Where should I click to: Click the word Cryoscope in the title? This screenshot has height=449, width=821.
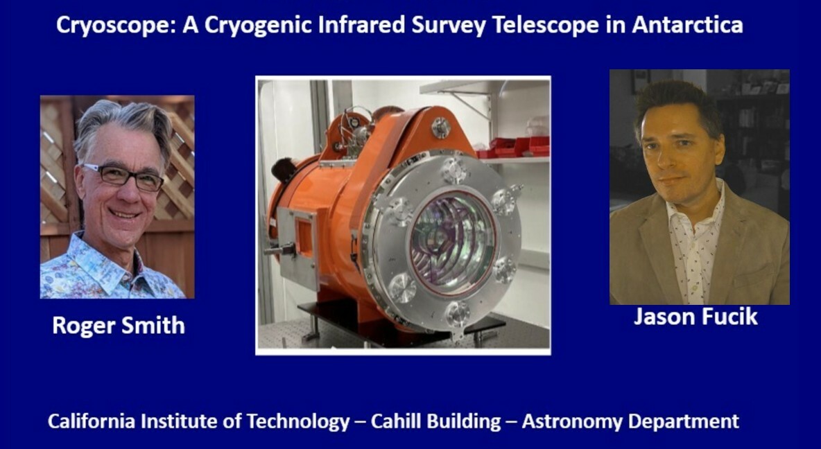point(116,25)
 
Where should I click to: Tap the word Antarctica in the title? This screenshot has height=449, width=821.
point(687,24)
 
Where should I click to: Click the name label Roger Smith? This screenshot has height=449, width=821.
point(119,326)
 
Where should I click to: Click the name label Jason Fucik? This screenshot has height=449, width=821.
point(696,317)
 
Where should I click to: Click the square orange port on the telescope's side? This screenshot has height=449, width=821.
point(304,237)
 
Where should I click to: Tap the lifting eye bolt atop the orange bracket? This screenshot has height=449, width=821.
point(441,127)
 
